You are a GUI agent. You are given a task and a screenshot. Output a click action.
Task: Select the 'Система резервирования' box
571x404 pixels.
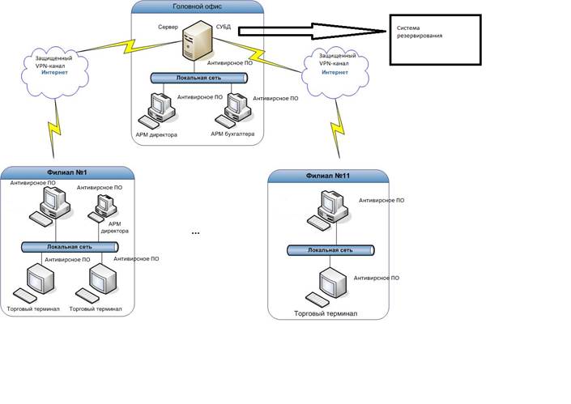434,40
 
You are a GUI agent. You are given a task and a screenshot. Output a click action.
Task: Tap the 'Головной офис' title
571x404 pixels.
198,7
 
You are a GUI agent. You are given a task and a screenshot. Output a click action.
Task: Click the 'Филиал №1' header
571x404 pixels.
67,172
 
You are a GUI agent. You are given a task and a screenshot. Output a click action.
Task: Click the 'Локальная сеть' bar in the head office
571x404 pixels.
198,79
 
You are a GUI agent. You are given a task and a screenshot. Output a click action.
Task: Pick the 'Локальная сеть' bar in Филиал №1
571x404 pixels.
70,246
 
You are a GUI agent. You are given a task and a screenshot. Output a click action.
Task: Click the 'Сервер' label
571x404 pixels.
168,27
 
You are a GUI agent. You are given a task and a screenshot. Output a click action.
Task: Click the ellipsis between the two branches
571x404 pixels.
195,233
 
